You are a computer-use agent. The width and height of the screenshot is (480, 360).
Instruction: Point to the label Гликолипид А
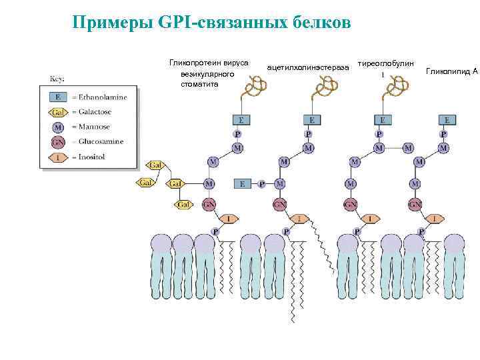[451, 69]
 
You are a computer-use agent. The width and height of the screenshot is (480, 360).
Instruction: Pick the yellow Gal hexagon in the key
[59, 111]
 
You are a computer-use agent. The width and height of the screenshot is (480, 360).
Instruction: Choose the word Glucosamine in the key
[102, 141]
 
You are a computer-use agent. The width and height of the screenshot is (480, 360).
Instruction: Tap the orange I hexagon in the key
[59, 157]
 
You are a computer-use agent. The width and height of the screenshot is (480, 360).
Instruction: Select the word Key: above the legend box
[57, 79]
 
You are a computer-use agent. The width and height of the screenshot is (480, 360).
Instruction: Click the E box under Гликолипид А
[447, 120]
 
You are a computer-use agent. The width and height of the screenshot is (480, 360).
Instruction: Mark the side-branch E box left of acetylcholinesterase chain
[243, 183]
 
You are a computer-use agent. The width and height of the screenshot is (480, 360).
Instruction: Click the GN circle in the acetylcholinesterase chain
[280, 205]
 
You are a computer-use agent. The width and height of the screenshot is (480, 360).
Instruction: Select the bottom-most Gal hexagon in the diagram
[184, 204]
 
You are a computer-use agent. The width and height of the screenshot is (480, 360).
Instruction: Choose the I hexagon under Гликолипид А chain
[435, 218]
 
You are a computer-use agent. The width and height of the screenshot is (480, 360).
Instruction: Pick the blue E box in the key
[59, 96]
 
